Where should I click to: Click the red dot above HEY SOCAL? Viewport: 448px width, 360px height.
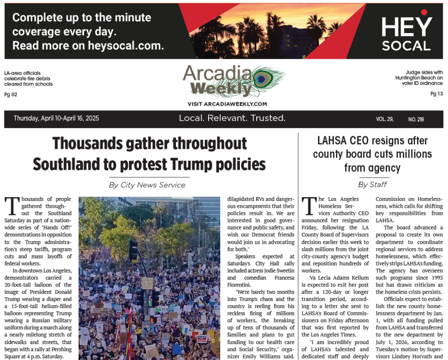pyautogui.click(x=424, y=12)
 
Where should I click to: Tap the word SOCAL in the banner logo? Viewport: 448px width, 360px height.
pyautogui.click(x=406, y=46)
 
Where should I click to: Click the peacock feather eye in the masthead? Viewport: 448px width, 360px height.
pyautogui.click(x=261, y=79)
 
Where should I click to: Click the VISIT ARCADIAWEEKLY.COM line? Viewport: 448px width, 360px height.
pyautogui.click(x=227, y=104)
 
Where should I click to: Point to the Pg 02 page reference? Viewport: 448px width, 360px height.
pyautogui.click(x=11, y=95)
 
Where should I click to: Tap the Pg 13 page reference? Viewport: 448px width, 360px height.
pyautogui.click(x=436, y=94)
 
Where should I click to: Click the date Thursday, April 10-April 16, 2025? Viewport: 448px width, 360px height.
pyautogui.click(x=56, y=119)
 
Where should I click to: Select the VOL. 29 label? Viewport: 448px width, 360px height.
pyautogui.click(x=384, y=119)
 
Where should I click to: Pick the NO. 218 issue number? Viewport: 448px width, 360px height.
pyautogui.click(x=416, y=119)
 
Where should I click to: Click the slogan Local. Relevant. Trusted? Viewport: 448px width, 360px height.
pyautogui.click(x=232, y=118)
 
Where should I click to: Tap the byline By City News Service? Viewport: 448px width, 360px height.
pyautogui.click(x=147, y=185)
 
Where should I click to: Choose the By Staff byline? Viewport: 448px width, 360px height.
pyautogui.click(x=372, y=185)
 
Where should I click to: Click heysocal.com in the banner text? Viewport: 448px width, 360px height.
pyautogui.click(x=126, y=46)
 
